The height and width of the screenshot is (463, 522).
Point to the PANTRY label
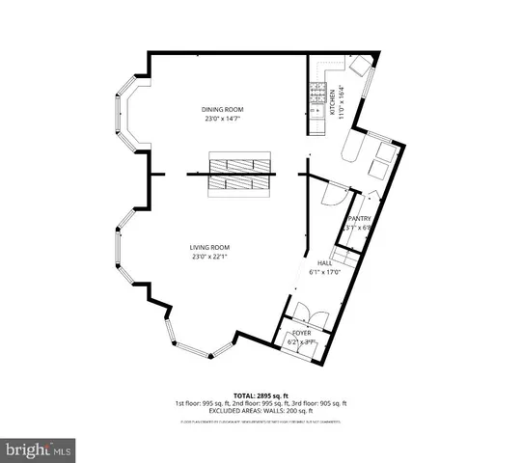pyautogui.click(x=358, y=219)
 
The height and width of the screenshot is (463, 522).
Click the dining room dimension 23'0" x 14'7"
pyautogui.click(x=222, y=119)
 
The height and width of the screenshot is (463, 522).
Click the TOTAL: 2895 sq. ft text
pyautogui.click(x=261, y=395)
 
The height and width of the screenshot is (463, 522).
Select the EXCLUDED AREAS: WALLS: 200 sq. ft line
pyautogui.click(x=261, y=411)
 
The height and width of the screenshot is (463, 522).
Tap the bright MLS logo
pyautogui.click(x=39, y=449)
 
